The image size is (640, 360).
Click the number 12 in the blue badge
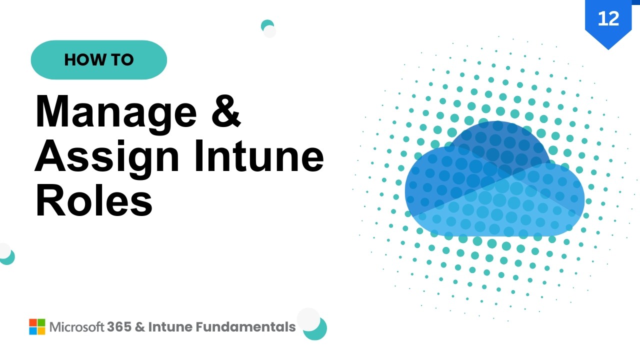(x=608, y=18)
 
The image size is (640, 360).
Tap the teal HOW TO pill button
(x=98, y=60)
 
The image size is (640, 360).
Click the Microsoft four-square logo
(x=37, y=327)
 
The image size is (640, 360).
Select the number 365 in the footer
(x=119, y=327)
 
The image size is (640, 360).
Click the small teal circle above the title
(x=267, y=25)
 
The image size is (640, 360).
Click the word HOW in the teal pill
(x=81, y=60)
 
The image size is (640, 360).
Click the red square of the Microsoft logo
(x=33, y=322)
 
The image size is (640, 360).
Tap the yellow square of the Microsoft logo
(x=41, y=331)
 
